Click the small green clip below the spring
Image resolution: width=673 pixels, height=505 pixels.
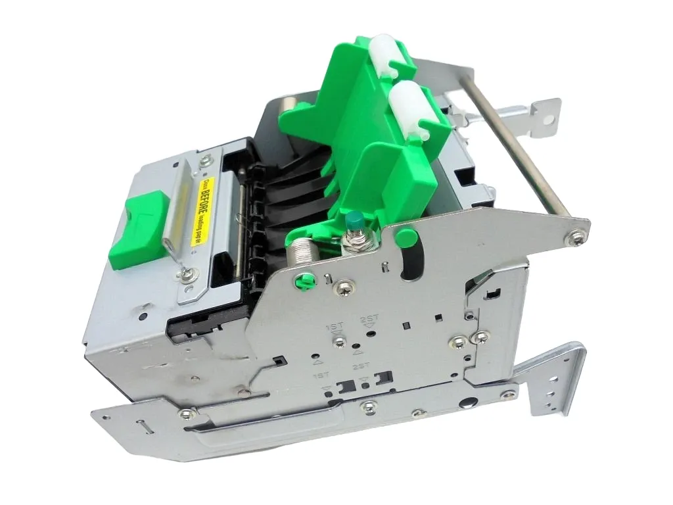tap(304, 281)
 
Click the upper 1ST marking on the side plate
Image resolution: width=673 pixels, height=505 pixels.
tap(335, 327)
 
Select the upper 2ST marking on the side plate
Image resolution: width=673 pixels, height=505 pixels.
tap(369, 320)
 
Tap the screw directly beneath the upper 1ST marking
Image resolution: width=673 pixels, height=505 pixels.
tap(339, 341)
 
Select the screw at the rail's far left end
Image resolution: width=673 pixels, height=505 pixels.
tap(187, 414)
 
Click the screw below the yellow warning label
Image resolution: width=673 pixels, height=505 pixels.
tap(188, 274)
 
